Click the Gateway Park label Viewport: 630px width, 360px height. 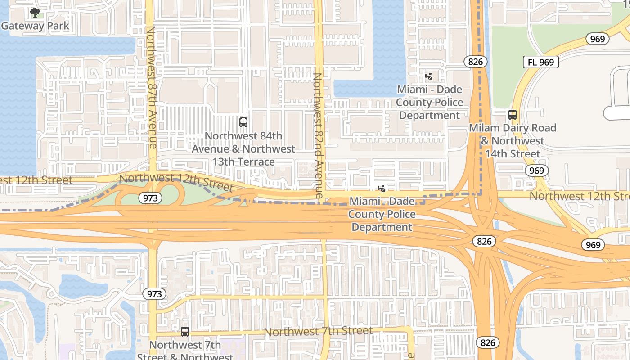35,26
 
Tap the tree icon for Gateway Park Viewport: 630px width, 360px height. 35,13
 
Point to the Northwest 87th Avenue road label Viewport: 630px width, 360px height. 151,87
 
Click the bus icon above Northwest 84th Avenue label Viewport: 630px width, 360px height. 243,122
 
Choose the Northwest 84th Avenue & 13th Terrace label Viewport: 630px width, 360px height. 243,148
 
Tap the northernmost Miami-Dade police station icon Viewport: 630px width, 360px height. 429,76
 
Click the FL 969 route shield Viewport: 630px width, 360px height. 540,62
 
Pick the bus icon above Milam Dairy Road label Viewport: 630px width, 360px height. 512,115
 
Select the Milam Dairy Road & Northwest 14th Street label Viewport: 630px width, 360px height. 513,141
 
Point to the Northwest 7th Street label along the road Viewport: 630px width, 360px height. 318,332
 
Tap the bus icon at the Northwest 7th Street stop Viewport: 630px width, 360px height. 184,332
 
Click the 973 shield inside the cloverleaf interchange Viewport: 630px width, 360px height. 150,198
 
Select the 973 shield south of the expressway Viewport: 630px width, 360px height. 154,294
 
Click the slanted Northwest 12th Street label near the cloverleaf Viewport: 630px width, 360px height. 176,182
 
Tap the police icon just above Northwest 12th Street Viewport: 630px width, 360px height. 382,188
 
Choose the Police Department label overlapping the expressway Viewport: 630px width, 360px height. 382,214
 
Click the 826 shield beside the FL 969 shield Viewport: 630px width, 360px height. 475,62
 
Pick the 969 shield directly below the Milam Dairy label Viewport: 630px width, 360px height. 536,171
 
